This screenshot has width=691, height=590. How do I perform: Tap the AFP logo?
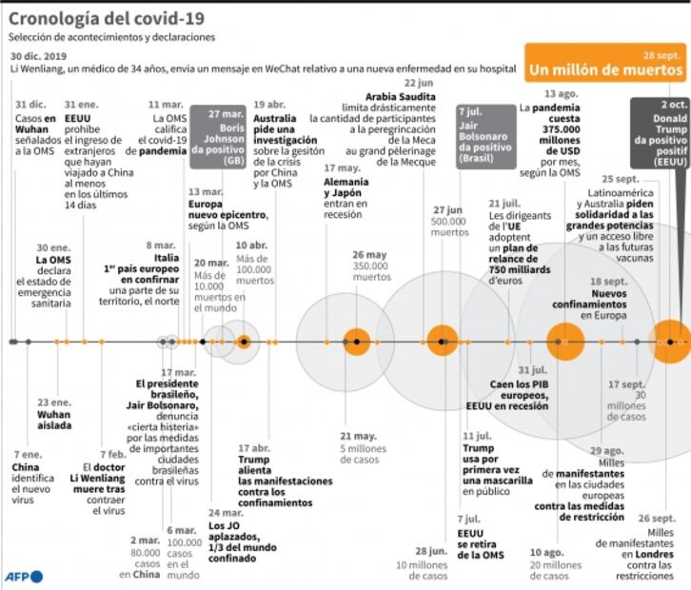(x=23, y=576)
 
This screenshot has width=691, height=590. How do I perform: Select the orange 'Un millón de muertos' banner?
(x=605, y=70)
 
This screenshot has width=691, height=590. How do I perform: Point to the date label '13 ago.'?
(x=562, y=93)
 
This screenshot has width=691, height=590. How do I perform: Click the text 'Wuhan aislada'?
(x=54, y=421)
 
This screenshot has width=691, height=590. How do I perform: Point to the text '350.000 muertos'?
(x=371, y=271)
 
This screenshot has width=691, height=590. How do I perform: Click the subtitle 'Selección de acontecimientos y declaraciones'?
(x=112, y=37)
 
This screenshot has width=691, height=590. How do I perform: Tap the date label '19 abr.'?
(x=269, y=104)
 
